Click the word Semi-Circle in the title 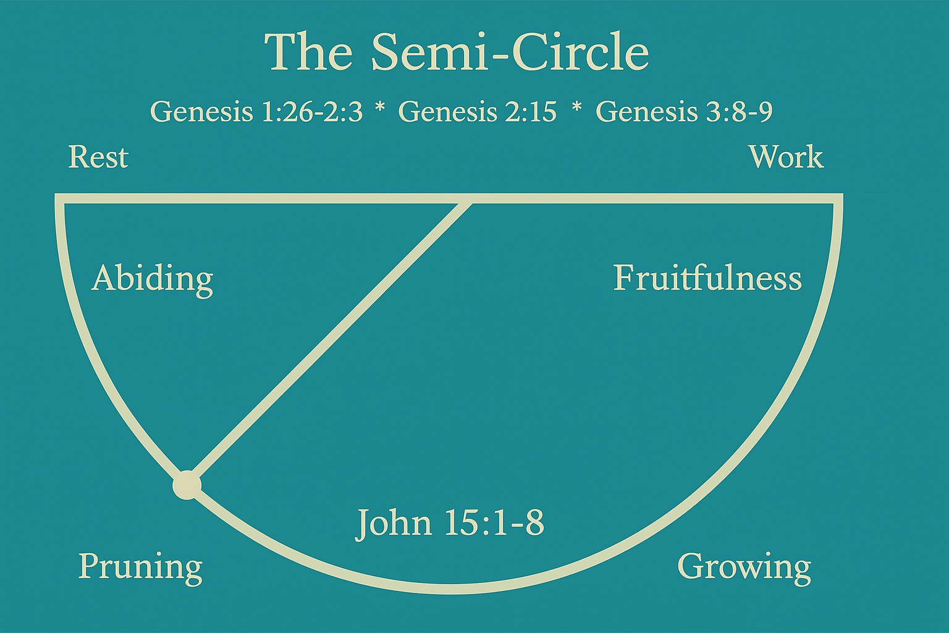[510, 52]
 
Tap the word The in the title [308, 52]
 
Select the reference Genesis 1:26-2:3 [256, 112]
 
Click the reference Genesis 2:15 [477, 112]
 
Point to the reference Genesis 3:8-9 [684, 112]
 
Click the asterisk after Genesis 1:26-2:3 [380, 109]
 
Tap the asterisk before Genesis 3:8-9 [576, 109]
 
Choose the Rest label [98, 157]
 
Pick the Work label [785, 157]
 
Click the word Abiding [152, 279]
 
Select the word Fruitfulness [707, 278]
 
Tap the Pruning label [140, 566]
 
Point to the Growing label [744, 566]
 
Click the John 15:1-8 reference [450, 523]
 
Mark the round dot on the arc [187, 485]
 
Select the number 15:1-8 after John [494, 523]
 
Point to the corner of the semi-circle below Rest [60, 198]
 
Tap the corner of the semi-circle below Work [838, 198]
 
